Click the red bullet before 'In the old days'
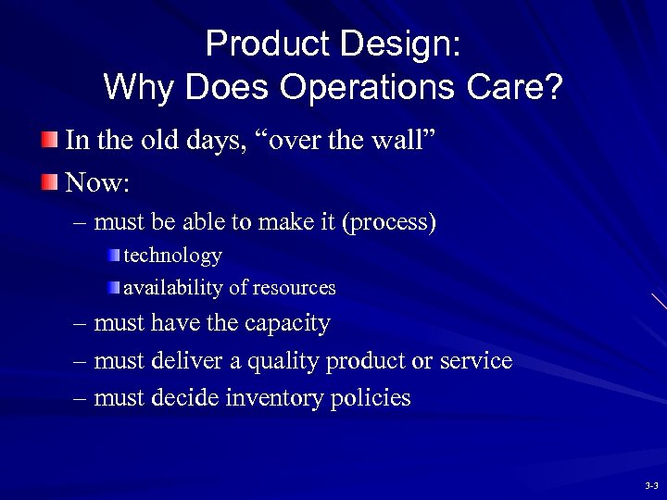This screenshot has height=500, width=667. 48,141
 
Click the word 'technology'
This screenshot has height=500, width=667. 172,255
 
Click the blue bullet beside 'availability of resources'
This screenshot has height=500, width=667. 113,288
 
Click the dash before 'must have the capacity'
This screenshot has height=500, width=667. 81,324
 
